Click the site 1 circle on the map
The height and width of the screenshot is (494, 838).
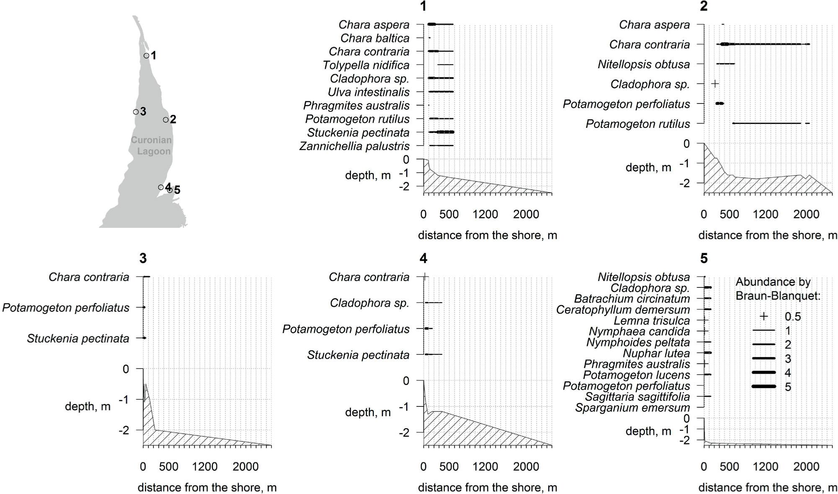pos(146,55)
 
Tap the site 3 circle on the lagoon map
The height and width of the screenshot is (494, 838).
pos(136,112)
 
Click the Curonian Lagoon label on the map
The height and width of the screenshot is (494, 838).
pos(152,145)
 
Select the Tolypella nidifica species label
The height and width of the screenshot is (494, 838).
pos(366,65)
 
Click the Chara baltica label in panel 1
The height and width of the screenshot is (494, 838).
pos(375,38)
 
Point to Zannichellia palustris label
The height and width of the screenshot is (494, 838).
pos(354,146)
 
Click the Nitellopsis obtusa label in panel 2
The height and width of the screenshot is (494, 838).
pos(644,64)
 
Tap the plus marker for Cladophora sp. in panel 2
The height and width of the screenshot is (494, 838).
pos(715,84)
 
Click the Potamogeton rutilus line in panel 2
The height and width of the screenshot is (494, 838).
pos(767,123)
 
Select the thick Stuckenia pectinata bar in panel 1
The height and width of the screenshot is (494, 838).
pos(445,132)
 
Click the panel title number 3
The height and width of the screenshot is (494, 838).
pos(143,258)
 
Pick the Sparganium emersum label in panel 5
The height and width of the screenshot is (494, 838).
pos(632,407)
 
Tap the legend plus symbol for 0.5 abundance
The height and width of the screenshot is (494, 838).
pos(763,316)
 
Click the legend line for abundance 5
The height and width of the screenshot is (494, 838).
pos(764,386)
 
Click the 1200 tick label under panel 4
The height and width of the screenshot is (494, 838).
pos(485,466)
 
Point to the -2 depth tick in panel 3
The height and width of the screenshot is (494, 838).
pos(124,430)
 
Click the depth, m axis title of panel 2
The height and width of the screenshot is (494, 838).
pos(648,168)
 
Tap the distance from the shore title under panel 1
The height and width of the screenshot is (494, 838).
pos(487,235)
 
